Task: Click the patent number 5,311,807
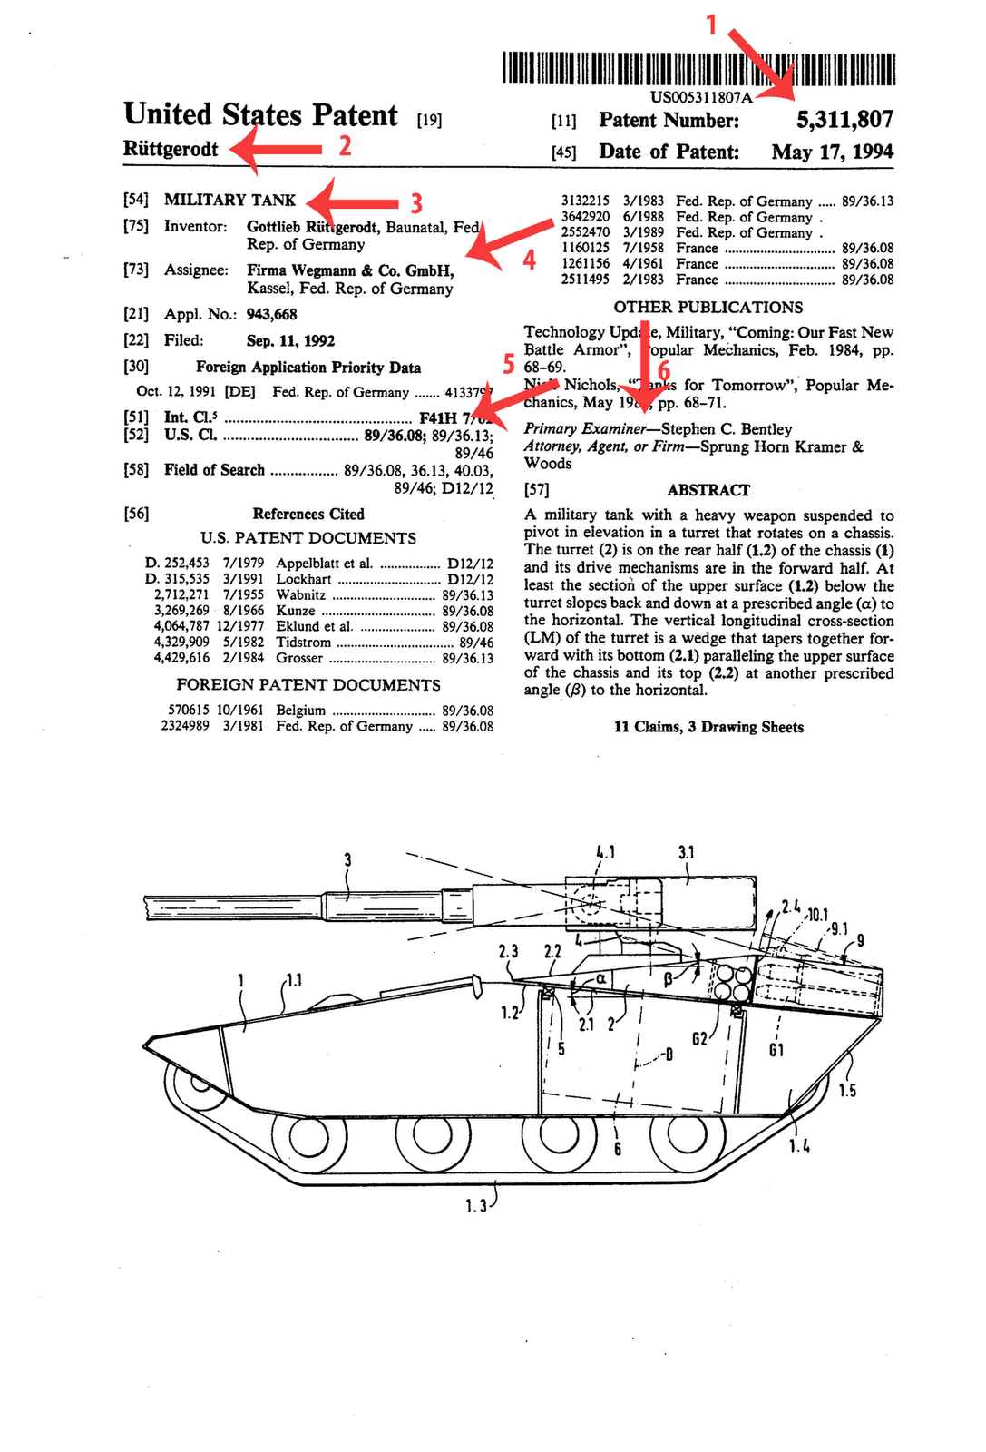pos(844,120)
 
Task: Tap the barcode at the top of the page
pos(698,69)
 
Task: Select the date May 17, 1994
pos(832,152)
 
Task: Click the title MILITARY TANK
pos(229,200)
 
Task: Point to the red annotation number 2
pos(345,145)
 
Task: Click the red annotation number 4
pos(529,260)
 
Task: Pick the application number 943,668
pos(271,314)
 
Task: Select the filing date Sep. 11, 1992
pos(290,340)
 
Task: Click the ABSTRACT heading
pos(708,490)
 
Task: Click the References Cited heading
pos(308,514)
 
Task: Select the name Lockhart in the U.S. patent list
pos(304,579)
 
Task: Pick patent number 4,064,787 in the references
pos(182,626)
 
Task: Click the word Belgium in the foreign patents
pos(300,710)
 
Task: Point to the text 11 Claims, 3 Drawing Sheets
pos(708,727)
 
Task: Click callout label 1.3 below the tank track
pos(476,1205)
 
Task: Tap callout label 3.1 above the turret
pos(687,852)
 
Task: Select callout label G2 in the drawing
pos(699,1039)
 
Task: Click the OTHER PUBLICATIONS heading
pos(708,307)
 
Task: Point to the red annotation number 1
pos(712,25)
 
